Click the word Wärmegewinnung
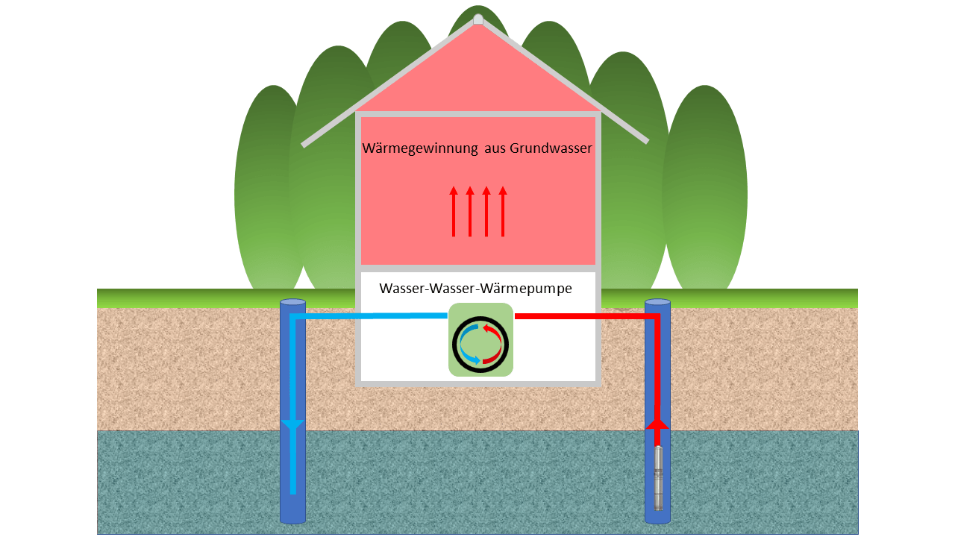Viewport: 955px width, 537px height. (x=420, y=148)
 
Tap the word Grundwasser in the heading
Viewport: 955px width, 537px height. (x=551, y=148)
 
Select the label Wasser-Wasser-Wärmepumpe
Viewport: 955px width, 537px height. (x=475, y=289)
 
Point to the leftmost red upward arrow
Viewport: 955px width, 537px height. (x=454, y=212)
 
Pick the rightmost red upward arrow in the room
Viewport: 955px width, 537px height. (x=503, y=212)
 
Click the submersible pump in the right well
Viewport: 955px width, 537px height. (x=658, y=478)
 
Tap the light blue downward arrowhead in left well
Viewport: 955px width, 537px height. (x=292, y=425)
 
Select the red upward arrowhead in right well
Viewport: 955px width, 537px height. (x=657, y=422)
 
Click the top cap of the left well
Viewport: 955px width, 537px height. (x=292, y=302)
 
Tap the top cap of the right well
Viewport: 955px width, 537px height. (x=657, y=302)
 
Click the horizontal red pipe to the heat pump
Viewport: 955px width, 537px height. (x=582, y=316)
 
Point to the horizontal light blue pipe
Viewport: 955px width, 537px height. (x=373, y=316)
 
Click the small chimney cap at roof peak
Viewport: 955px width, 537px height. (x=478, y=19)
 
